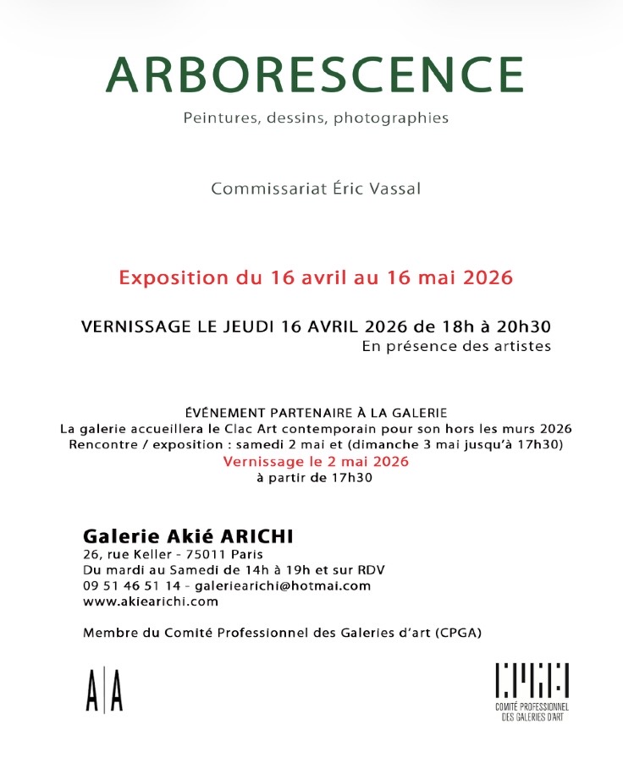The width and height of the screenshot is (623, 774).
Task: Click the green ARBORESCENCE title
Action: click(x=314, y=75)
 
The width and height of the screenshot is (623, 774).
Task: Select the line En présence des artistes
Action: click(x=456, y=346)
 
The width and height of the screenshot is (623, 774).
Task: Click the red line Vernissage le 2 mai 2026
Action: click(x=316, y=462)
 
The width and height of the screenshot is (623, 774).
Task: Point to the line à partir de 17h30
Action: click(x=314, y=478)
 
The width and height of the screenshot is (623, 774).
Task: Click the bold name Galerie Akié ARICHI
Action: click(x=189, y=536)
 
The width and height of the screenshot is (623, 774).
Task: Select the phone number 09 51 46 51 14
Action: click(x=131, y=585)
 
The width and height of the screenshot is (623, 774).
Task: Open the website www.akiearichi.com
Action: click(x=151, y=601)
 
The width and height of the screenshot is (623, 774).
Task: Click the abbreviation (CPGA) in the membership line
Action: click(x=466, y=632)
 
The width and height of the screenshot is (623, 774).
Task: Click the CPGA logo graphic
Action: click(x=532, y=681)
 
